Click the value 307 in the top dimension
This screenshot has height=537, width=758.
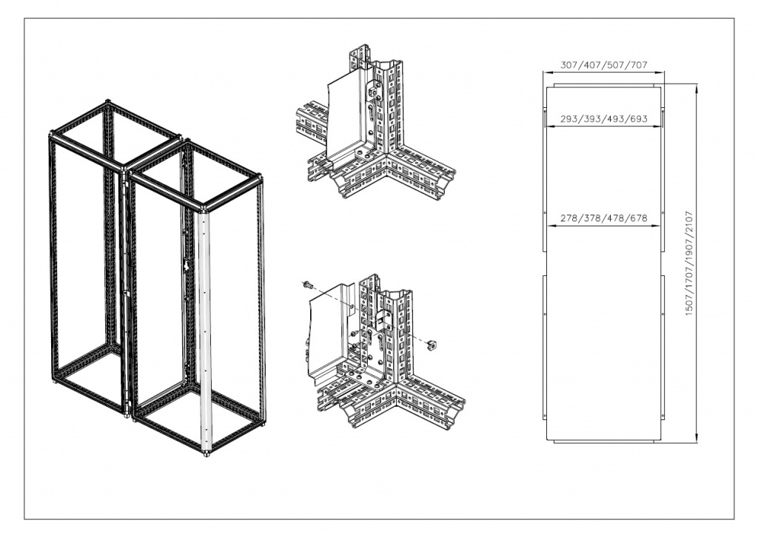[569, 64]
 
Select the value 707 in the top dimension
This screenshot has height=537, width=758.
[639, 64]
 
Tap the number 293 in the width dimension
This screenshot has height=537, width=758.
[569, 118]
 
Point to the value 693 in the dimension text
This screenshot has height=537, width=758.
[639, 118]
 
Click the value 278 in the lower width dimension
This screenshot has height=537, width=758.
[569, 218]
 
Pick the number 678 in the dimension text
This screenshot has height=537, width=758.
[639, 218]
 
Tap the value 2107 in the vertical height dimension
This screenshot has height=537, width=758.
[689, 221]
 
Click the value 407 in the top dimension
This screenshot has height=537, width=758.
[592, 64]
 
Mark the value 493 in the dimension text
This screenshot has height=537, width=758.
[615, 118]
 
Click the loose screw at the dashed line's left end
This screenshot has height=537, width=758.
[306, 285]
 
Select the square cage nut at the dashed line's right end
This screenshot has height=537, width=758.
[432, 345]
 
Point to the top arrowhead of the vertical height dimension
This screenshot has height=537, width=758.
[697, 88]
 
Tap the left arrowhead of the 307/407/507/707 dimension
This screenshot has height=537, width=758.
[547, 72]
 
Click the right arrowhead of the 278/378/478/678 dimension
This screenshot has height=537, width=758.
[656, 226]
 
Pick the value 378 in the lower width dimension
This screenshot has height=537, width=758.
[592, 218]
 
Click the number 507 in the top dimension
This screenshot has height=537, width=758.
[615, 64]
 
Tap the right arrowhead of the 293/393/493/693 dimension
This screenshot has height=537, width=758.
[657, 126]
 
